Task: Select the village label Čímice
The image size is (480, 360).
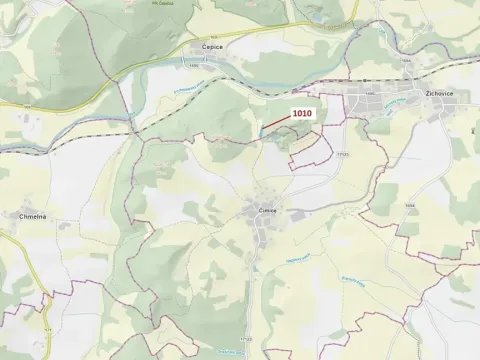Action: (267, 211)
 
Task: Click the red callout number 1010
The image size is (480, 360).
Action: (302, 114)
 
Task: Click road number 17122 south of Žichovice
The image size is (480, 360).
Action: (344, 155)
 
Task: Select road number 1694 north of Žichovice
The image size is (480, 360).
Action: (407, 61)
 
